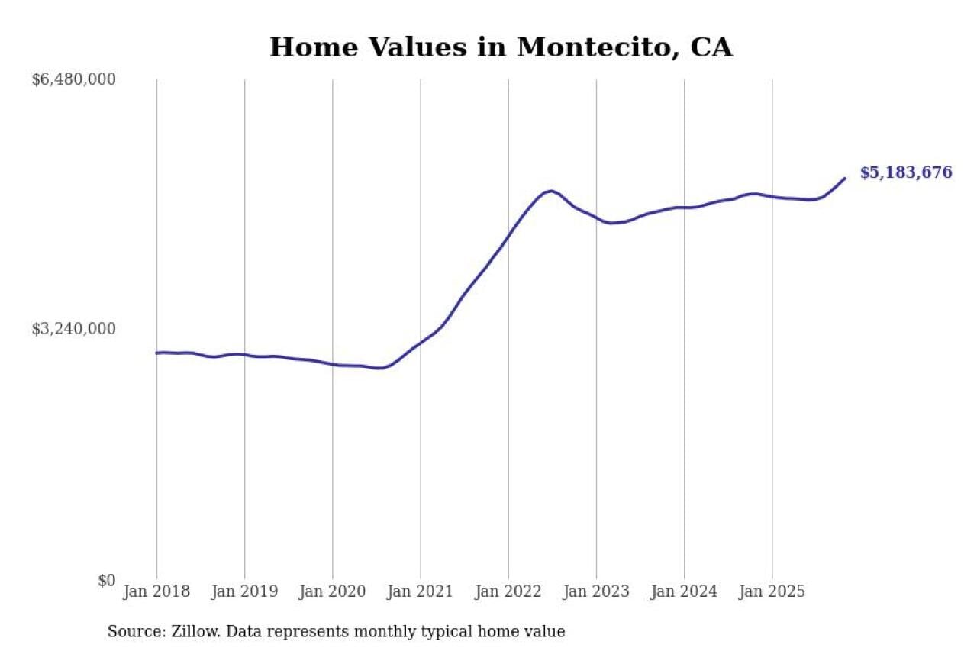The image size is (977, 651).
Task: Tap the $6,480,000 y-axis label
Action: (x=73, y=79)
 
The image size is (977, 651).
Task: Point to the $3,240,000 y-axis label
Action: (x=73, y=329)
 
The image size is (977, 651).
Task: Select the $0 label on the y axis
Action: (x=106, y=581)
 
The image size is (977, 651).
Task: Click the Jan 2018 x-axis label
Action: (x=156, y=592)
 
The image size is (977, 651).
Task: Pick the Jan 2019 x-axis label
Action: (x=244, y=592)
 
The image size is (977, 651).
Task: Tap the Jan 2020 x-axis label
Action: (x=332, y=592)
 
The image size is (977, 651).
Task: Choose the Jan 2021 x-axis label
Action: (x=420, y=592)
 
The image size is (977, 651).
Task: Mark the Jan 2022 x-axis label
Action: (x=508, y=592)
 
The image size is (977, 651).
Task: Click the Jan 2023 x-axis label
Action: (x=596, y=592)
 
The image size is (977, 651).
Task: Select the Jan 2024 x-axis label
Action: (x=684, y=592)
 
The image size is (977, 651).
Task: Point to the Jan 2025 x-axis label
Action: (x=772, y=592)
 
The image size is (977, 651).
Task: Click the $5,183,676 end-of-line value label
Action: (x=906, y=172)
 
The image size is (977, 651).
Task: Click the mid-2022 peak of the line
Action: (x=550, y=191)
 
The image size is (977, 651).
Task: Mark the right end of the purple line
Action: (x=845, y=179)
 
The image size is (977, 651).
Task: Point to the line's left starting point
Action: (x=156, y=353)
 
